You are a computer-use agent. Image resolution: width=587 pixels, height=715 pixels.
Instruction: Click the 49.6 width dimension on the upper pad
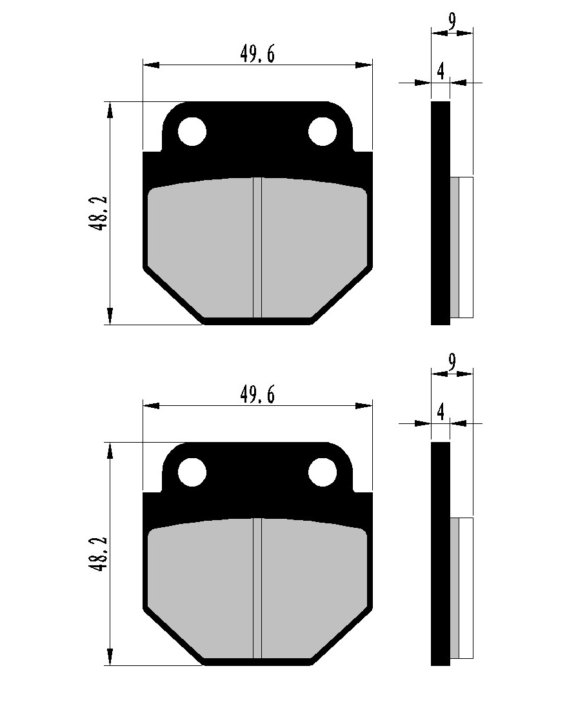[x=257, y=55]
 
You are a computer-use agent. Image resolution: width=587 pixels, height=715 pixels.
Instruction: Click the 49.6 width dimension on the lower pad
[x=257, y=395]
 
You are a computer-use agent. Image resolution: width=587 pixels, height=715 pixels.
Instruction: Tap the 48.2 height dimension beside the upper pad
[x=99, y=214]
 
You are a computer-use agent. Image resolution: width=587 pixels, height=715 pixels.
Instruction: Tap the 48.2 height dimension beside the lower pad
[x=99, y=554]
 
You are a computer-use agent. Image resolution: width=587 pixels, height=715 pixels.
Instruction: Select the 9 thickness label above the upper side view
[x=452, y=22]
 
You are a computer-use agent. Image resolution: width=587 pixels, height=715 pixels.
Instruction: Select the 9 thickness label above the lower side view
[x=452, y=362]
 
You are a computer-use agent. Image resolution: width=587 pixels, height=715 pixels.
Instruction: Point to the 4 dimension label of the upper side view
[x=440, y=71]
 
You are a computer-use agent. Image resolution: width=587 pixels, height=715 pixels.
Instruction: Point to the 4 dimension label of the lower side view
[x=440, y=412]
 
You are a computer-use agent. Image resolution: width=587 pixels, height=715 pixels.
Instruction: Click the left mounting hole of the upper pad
[x=192, y=132]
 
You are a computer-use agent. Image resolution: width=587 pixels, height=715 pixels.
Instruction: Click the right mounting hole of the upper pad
[x=323, y=132]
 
